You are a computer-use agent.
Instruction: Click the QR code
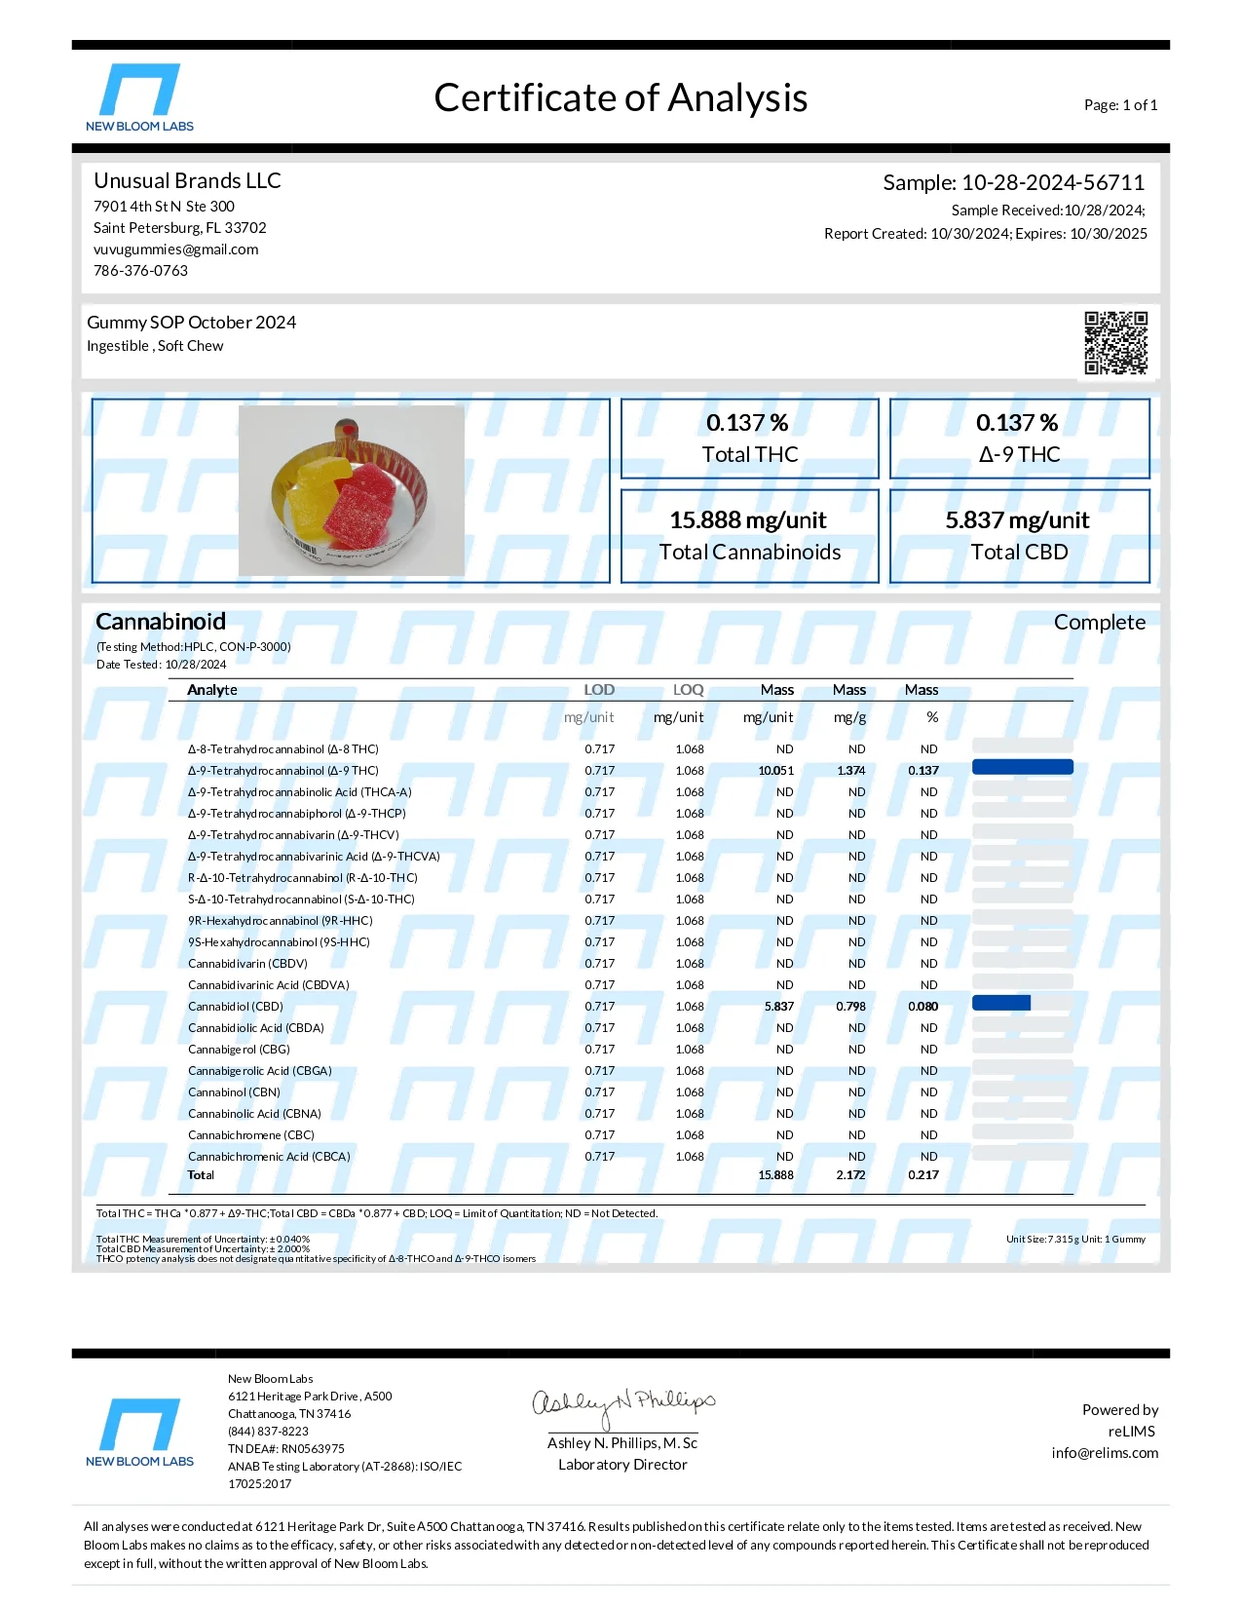point(1115,343)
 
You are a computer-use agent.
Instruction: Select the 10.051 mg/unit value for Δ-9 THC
point(775,771)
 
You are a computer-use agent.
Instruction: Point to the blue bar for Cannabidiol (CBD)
point(1000,1003)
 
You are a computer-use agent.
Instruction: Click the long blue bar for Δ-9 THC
point(1022,767)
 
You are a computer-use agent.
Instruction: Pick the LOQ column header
point(688,690)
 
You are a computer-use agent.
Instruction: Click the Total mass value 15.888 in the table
point(775,1175)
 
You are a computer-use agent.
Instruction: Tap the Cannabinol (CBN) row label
point(234,1092)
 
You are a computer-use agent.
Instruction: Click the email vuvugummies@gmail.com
point(176,249)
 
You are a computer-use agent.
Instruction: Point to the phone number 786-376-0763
point(140,271)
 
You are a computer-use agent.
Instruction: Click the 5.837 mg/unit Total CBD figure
point(1017,520)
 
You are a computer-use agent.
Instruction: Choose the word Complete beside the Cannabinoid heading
point(1099,623)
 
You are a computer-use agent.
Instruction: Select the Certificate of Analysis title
point(621,98)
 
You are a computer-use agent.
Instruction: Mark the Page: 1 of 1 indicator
point(1120,105)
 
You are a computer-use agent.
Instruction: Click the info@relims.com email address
point(1105,1453)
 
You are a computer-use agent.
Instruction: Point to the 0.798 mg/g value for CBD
point(850,1007)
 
